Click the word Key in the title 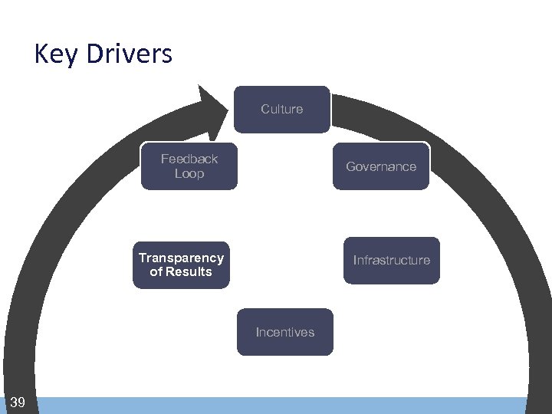57,54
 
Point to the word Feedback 189,159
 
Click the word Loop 189,173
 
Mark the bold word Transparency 181,258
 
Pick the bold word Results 189,271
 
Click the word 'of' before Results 156,271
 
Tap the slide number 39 18,402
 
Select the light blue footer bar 284,406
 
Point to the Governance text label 381,166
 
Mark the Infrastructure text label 391,260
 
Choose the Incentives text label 285,332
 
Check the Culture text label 282,109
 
